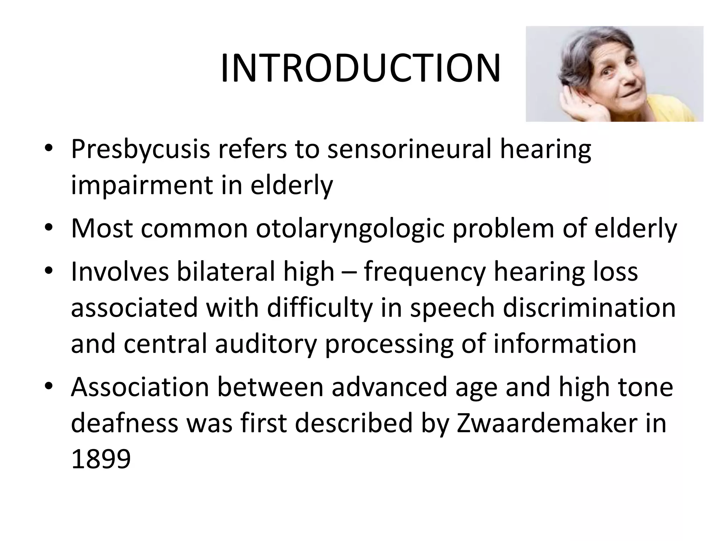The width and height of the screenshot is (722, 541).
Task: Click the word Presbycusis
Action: [140, 150]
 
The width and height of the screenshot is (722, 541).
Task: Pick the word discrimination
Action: [589, 308]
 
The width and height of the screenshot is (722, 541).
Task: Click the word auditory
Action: [266, 344]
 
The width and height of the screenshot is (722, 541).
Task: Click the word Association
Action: [140, 387]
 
